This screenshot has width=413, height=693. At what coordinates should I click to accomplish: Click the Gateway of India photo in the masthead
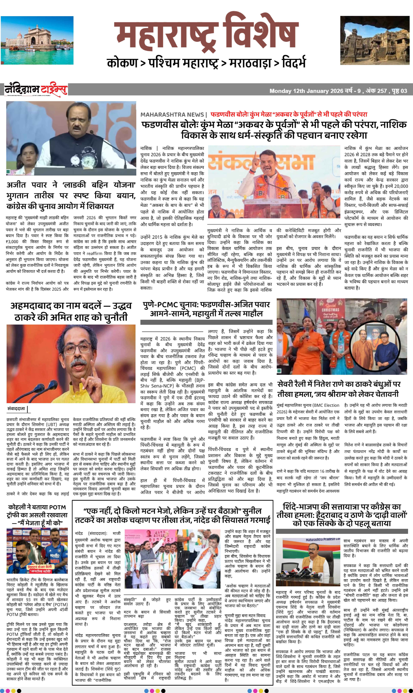coord(37,40)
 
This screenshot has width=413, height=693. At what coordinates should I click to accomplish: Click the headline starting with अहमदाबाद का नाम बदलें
coord(71,311)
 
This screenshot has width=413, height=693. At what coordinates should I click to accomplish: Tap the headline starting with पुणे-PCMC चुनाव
coord(206,309)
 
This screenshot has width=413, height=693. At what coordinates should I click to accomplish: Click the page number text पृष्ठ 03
coord(399,91)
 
